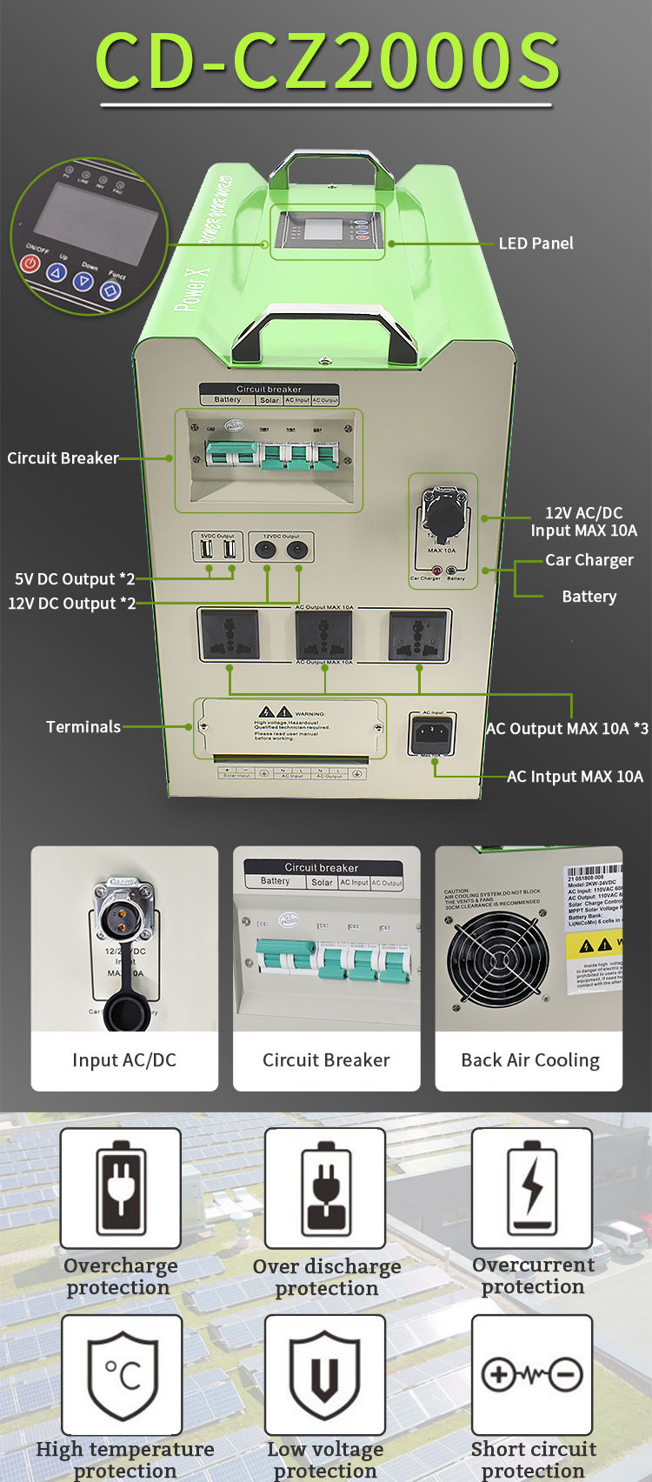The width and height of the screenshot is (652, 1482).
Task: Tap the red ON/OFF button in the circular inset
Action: (31, 262)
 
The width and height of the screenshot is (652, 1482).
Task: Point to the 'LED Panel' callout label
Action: (536, 244)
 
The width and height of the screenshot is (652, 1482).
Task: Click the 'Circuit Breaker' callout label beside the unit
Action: (63, 458)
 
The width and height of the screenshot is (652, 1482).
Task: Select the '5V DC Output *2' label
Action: (75, 579)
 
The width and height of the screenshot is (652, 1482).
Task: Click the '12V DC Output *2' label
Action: (72, 604)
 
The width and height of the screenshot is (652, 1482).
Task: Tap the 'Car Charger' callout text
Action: (589, 560)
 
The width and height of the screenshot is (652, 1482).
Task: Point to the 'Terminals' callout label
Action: (83, 727)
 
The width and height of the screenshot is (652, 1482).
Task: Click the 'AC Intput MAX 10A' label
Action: (575, 777)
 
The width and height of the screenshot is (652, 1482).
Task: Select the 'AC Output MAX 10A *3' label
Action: (567, 729)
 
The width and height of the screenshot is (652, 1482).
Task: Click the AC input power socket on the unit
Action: (432, 735)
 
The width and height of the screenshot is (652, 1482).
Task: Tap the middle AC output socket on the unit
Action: (324, 635)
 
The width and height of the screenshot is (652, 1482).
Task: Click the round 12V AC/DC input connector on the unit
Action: (443, 510)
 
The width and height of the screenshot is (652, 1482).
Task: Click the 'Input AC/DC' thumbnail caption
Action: (124, 1060)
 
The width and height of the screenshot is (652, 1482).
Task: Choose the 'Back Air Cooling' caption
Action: (529, 1060)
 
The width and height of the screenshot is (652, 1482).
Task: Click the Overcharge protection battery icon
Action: (121, 1188)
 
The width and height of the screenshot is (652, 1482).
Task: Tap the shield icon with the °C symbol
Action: (122, 1374)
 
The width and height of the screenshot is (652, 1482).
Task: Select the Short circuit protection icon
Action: (532, 1374)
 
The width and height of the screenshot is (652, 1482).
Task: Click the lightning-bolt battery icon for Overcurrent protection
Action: (532, 1188)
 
